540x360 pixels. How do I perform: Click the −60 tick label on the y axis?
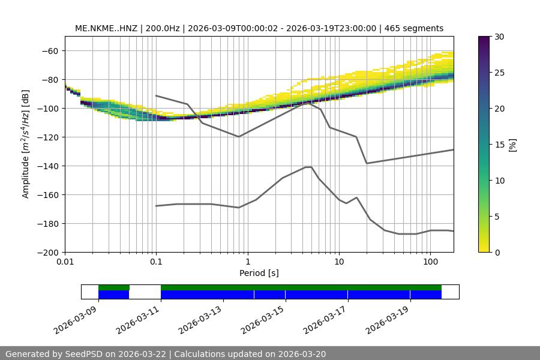(x=49, y=50)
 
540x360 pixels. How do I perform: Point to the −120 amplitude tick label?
(x=47, y=137)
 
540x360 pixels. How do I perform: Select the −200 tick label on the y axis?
(x=47, y=252)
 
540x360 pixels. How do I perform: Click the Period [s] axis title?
(x=259, y=273)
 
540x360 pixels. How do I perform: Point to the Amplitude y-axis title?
(x=26, y=144)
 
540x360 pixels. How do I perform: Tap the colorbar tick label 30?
(x=499, y=37)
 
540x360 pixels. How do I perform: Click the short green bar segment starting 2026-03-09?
(x=114, y=287)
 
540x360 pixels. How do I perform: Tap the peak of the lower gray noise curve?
(x=308, y=167)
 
